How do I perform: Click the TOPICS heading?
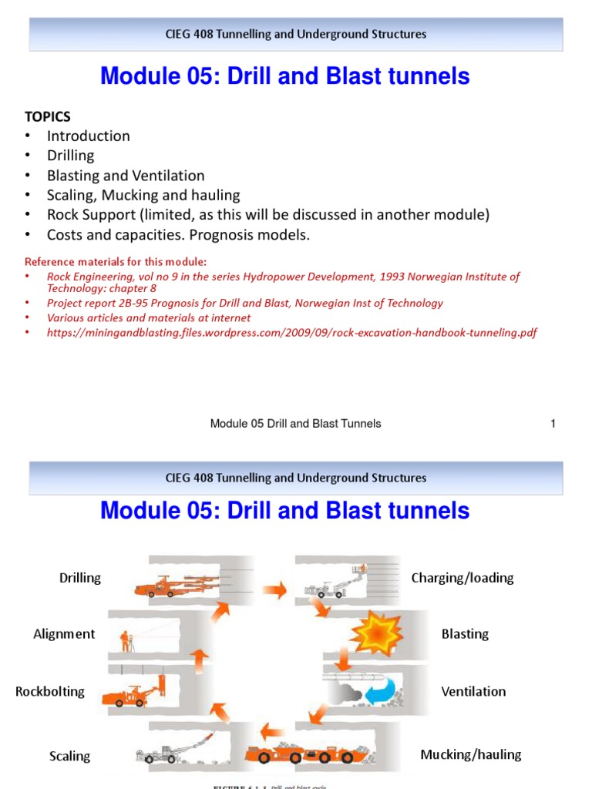(47, 116)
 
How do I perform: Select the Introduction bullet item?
(88, 136)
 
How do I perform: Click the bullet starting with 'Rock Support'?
(267, 214)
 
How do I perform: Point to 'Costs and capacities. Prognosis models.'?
(178, 234)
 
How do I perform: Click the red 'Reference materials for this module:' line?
(116, 260)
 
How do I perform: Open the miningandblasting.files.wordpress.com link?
(291, 333)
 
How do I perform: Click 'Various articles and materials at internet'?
(149, 317)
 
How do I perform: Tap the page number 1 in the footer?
(553, 423)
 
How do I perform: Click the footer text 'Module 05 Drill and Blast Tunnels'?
(295, 423)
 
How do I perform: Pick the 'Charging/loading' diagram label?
(462, 578)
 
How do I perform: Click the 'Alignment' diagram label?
(64, 634)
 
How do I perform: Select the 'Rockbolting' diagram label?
(50, 691)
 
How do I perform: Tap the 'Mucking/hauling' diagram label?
(470, 754)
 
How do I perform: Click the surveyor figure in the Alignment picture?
(126, 640)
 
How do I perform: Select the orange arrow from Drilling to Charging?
(274, 590)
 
